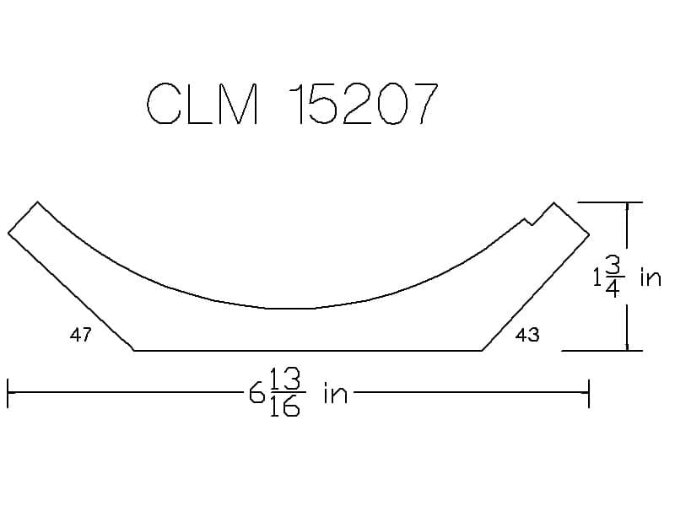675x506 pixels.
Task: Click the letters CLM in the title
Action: [202, 104]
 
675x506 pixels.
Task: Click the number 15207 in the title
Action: [364, 104]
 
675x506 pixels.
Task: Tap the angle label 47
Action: [80, 334]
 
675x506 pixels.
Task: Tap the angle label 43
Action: [527, 334]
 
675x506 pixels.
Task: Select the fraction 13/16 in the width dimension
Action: [285, 392]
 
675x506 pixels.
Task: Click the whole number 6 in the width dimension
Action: [256, 392]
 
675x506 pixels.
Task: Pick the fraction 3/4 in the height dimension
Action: [613, 277]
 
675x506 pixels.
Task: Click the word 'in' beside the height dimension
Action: [651, 277]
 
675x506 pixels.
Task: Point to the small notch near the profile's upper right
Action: [529, 222]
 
